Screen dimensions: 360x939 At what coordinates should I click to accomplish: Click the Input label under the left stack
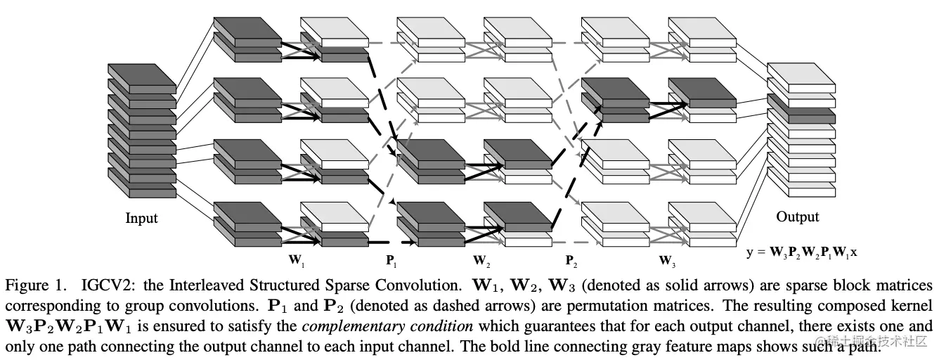click(x=141, y=218)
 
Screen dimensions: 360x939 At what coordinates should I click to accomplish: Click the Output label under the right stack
click(x=797, y=217)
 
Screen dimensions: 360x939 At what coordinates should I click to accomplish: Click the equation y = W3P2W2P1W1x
click(x=801, y=252)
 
